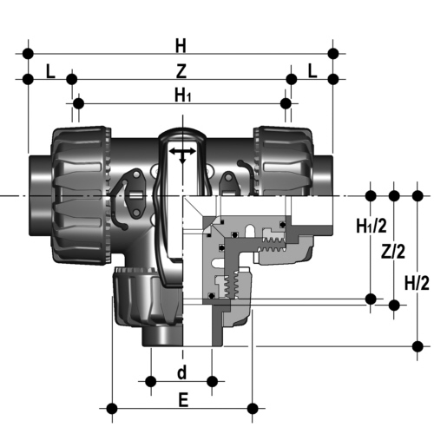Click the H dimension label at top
pyautogui.click(x=181, y=46)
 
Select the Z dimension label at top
pyautogui.click(x=181, y=71)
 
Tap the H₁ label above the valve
pyautogui.click(x=183, y=95)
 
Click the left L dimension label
pyautogui.click(x=50, y=71)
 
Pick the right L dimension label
pyautogui.click(x=312, y=71)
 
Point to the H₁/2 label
pyautogui.click(x=372, y=226)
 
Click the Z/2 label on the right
pyautogui.click(x=393, y=251)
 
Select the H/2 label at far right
pyautogui.click(x=417, y=283)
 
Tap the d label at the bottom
pyautogui.click(x=181, y=372)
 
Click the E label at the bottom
pyautogui.click(x=183, y=400)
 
